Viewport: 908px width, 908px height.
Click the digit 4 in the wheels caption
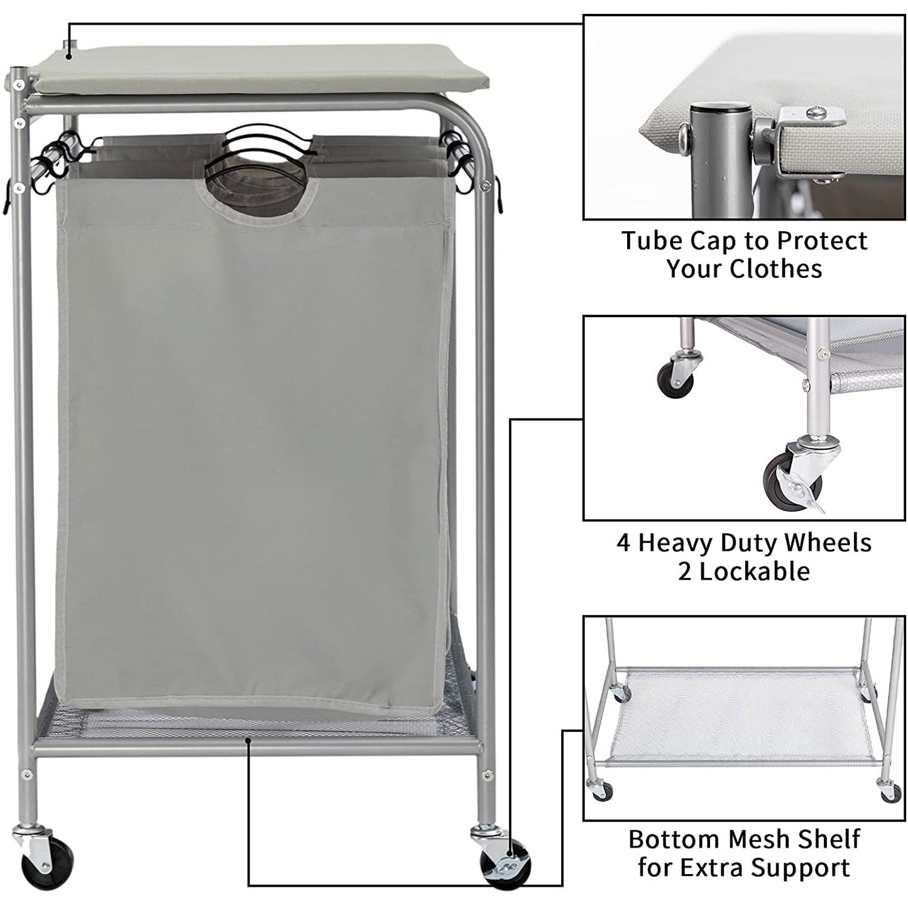click(x=623, y=543)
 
